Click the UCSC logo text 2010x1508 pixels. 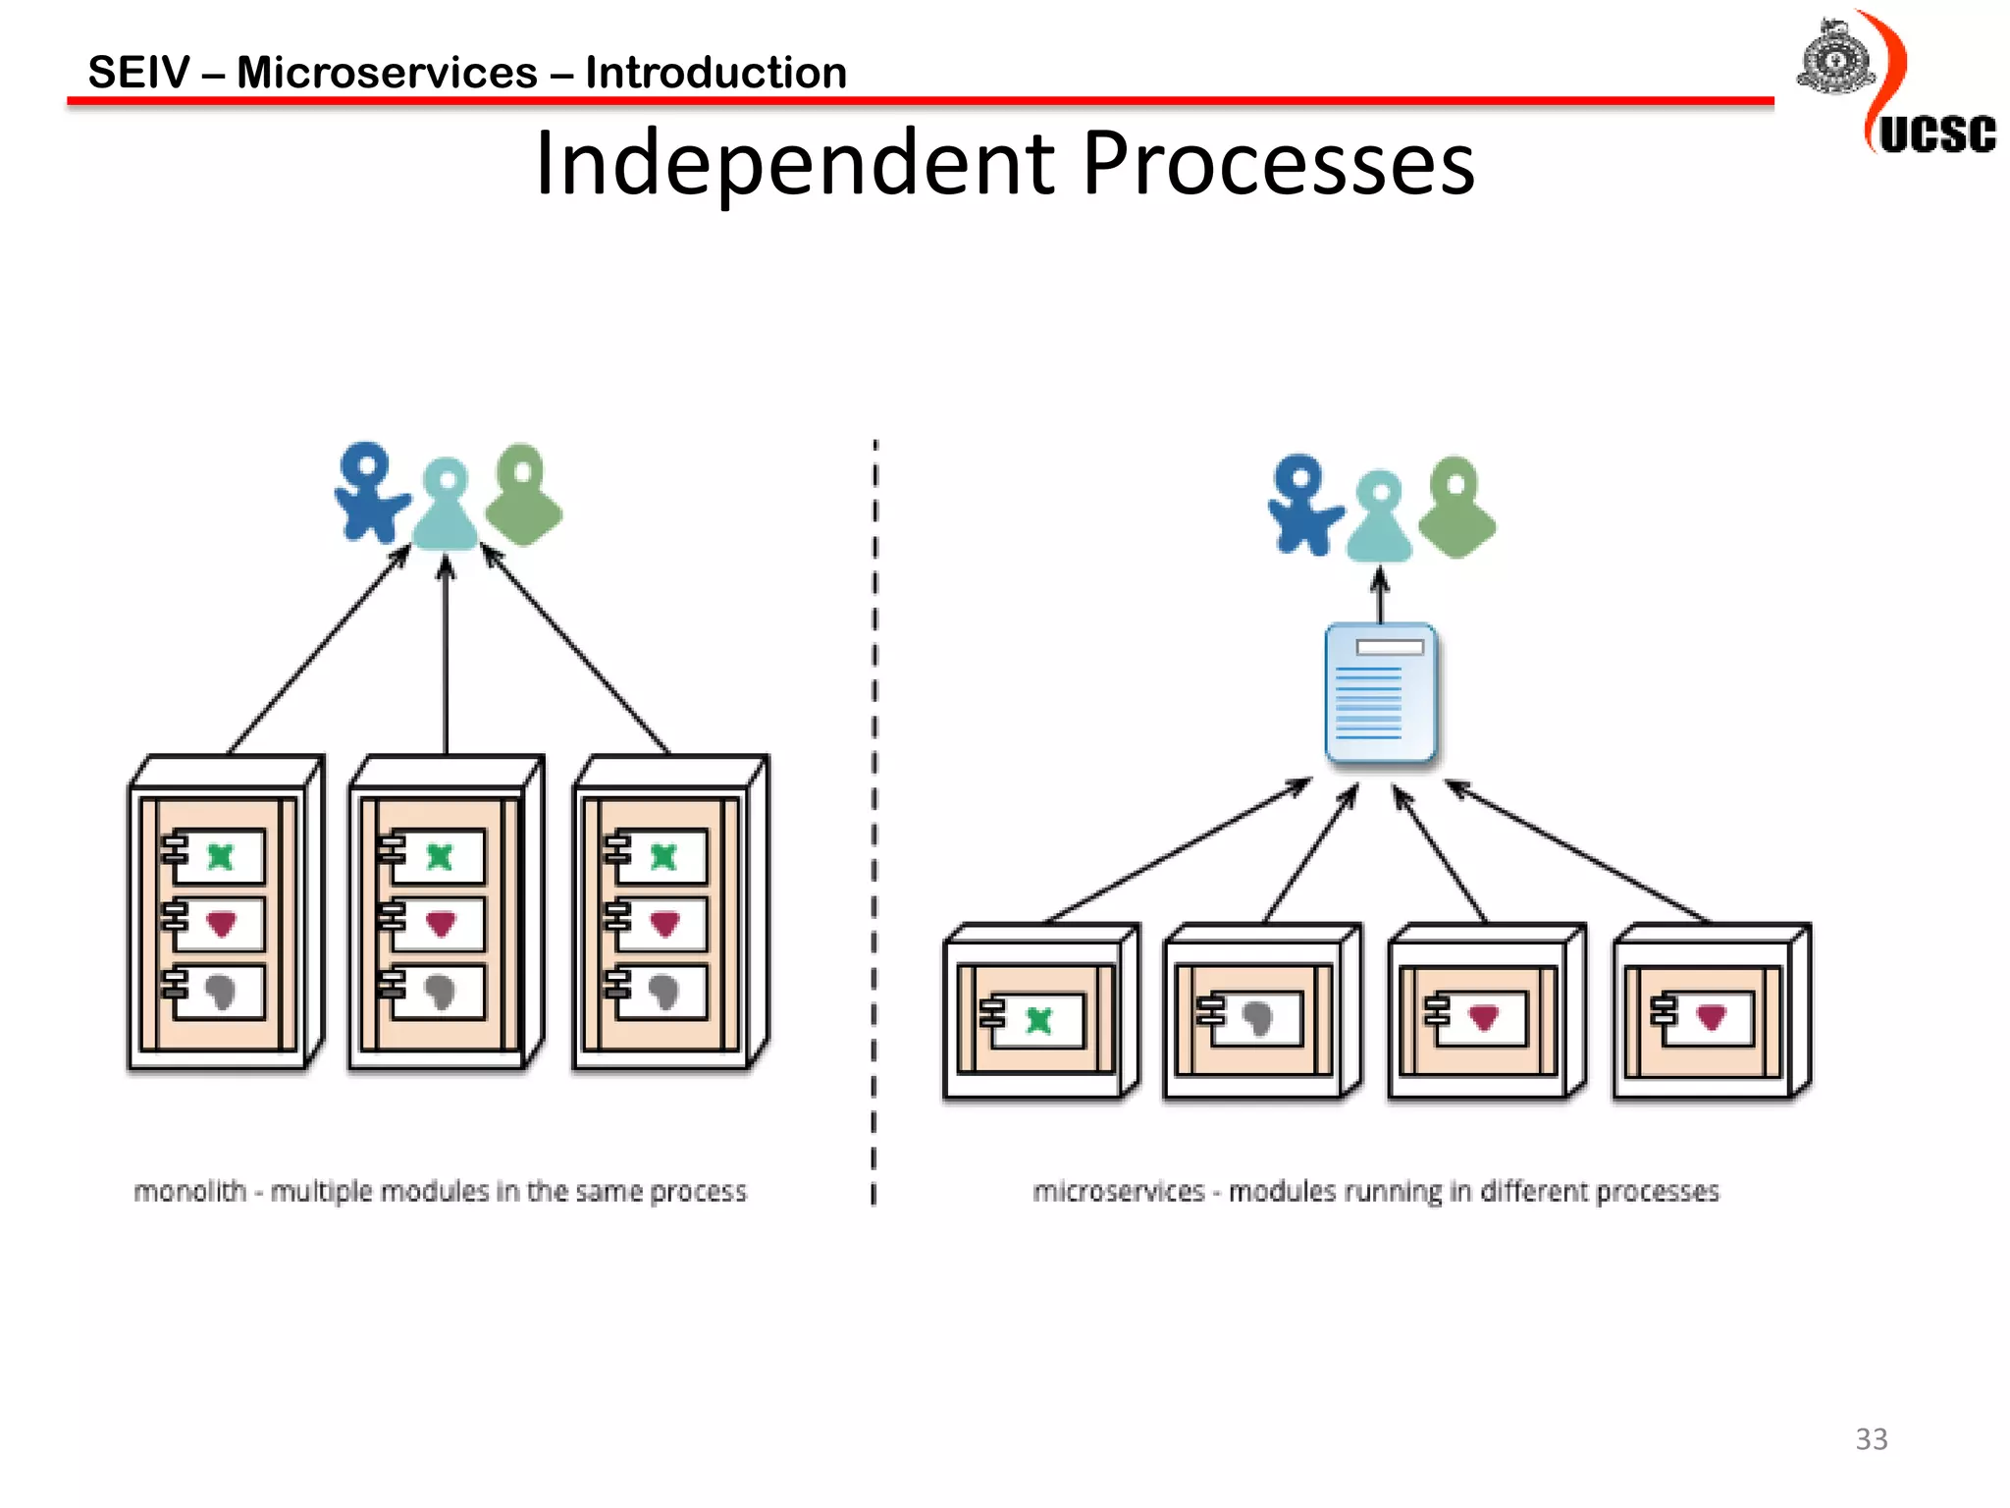point(1936,135)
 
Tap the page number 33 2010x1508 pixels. point(1871,1439)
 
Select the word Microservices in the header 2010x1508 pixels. point(388,73)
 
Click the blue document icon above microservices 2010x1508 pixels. point(1380,692)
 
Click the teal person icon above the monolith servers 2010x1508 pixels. point(447,506)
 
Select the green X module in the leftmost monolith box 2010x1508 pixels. point(221,857)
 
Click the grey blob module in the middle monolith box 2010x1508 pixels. point(440,992)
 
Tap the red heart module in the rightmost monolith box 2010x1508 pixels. point(664,924)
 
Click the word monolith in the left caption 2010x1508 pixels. point(189,1191)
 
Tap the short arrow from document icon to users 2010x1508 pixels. point(1380,595)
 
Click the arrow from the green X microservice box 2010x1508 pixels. point(1178,850)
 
